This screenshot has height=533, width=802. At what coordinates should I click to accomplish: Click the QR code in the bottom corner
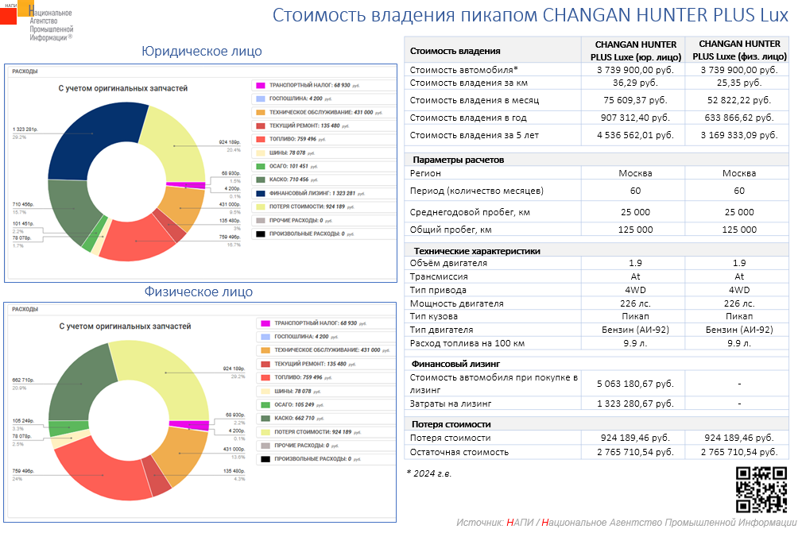(x=761, y=489)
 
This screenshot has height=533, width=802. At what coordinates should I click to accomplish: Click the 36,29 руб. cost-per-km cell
(x=636, y=83)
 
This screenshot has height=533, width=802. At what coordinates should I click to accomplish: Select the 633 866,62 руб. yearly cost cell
(x=739, y=117)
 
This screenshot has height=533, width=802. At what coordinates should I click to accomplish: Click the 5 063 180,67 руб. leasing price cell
(x=636, y=384)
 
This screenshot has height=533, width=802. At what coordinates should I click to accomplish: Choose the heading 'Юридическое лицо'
(x=201, y=52)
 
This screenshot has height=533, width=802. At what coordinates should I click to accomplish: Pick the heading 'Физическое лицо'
(x=199, y=292)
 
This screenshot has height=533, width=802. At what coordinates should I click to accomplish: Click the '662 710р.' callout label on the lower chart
(x=23, y=380)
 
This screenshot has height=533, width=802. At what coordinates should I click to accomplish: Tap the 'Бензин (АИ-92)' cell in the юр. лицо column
(x=636, y=330)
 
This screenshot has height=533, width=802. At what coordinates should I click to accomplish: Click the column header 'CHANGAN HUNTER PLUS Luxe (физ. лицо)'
(x=739, y=50)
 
